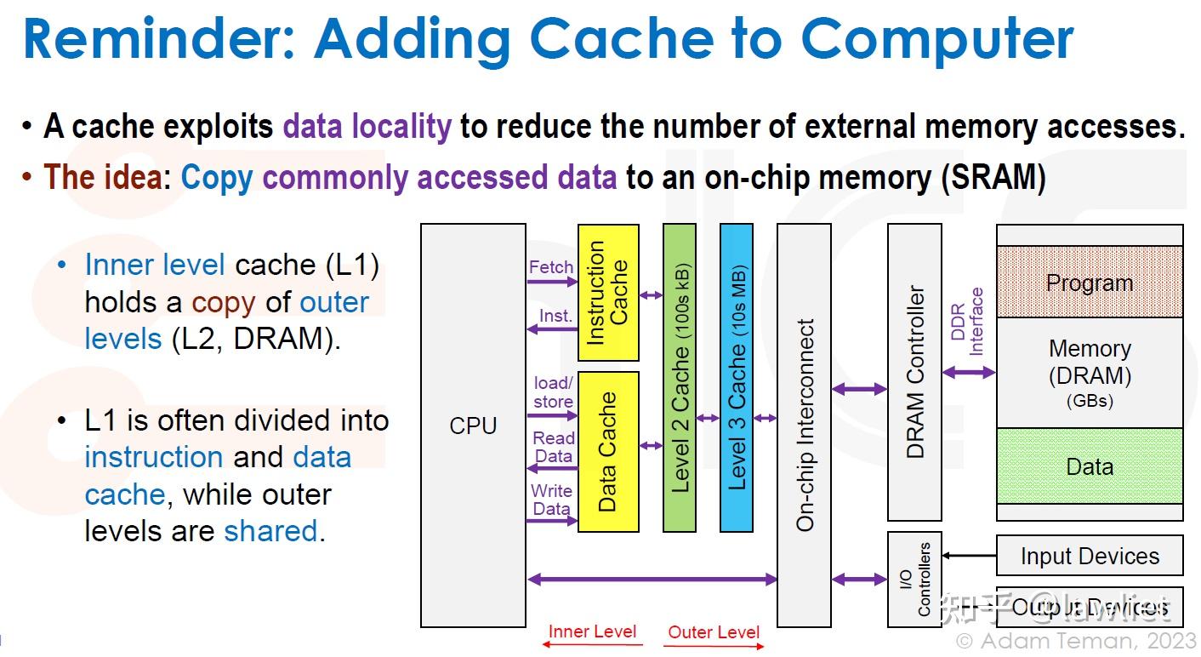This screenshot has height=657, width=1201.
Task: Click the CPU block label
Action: click(x=473, y=426)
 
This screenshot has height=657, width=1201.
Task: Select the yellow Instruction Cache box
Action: click(x=608, y=293)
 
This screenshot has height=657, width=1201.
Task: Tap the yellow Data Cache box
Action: click(x=608, y=451)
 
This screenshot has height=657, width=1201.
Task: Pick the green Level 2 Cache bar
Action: click(x=680, y=377)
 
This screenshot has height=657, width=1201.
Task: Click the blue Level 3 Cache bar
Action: click(x=737, y=377)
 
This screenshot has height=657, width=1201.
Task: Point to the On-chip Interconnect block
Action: click(x=804, y=426)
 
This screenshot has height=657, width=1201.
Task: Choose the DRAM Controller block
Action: click(x=914, y=372)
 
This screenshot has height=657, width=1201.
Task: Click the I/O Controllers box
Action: click(x=914, y=580)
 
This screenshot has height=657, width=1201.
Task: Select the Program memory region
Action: click(x=1090, y=283)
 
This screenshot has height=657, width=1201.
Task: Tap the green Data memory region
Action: click(x=1090, y=466)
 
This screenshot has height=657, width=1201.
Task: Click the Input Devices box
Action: click(x=1090, y=557)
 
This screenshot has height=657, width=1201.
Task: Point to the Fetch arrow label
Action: click(x=551, y=267)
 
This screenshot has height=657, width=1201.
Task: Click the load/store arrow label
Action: click(x=553, y=392)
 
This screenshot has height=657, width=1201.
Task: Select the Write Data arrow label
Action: click(x=551, y=500)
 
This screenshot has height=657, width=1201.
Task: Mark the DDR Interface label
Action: click(x=967, y=322)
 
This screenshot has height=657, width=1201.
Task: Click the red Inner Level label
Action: click(x=592, y=631)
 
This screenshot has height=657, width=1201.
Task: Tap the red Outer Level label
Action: click(x=714, y=631)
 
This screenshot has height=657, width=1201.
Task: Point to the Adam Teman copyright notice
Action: click(x=1075, y=641)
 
